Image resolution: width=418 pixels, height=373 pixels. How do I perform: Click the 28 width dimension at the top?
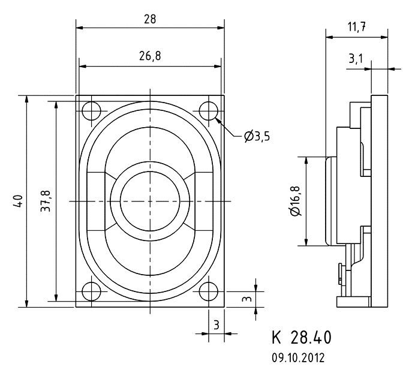click(x=150, y=19)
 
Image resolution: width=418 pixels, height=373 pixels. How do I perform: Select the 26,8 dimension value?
click(x=150, y=56)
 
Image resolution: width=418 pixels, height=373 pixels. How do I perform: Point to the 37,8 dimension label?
click(x=46, y=201)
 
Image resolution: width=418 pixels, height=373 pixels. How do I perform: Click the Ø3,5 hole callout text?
click(x=257, y=137)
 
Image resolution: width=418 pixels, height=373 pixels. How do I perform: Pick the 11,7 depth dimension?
click(x=357, y=27)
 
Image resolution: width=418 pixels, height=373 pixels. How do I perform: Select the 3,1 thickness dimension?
click(x=356, y=59)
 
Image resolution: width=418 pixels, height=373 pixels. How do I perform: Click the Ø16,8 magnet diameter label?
click(x=295, y=201)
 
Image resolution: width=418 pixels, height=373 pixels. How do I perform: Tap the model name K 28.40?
click(x=302, y=337)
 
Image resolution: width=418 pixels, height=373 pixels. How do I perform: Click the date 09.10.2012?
click(x=298, y=357)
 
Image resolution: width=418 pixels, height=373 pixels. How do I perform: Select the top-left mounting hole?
click(x=91, y=111)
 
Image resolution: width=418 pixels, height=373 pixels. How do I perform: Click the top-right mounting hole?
click(x=209, y=111)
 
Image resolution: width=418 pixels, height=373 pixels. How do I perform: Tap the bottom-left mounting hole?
click(x=91, y=291)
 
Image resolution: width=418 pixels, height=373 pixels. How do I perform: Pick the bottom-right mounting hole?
click(x=209, y=291)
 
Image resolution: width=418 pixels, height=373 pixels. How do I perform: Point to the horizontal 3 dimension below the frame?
click(x=216, y=325)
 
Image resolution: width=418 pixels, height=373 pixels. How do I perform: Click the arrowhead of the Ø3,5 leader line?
click(x=218, y=121)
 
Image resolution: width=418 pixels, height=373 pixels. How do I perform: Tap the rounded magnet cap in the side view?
click(x=331, y=201)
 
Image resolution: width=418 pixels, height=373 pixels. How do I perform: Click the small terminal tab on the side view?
click(x=341, y=274)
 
